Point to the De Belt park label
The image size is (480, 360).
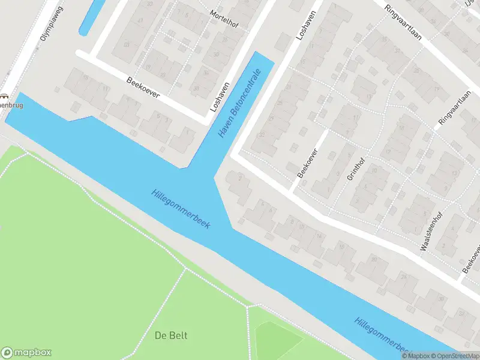[169, 334]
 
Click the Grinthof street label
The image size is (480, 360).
[355, 167]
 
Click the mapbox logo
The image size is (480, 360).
[26, 353]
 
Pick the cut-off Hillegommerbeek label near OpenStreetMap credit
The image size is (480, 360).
[382, 334]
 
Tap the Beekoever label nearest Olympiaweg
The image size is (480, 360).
[143, 89]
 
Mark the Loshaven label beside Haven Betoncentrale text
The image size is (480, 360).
[219, 97]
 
